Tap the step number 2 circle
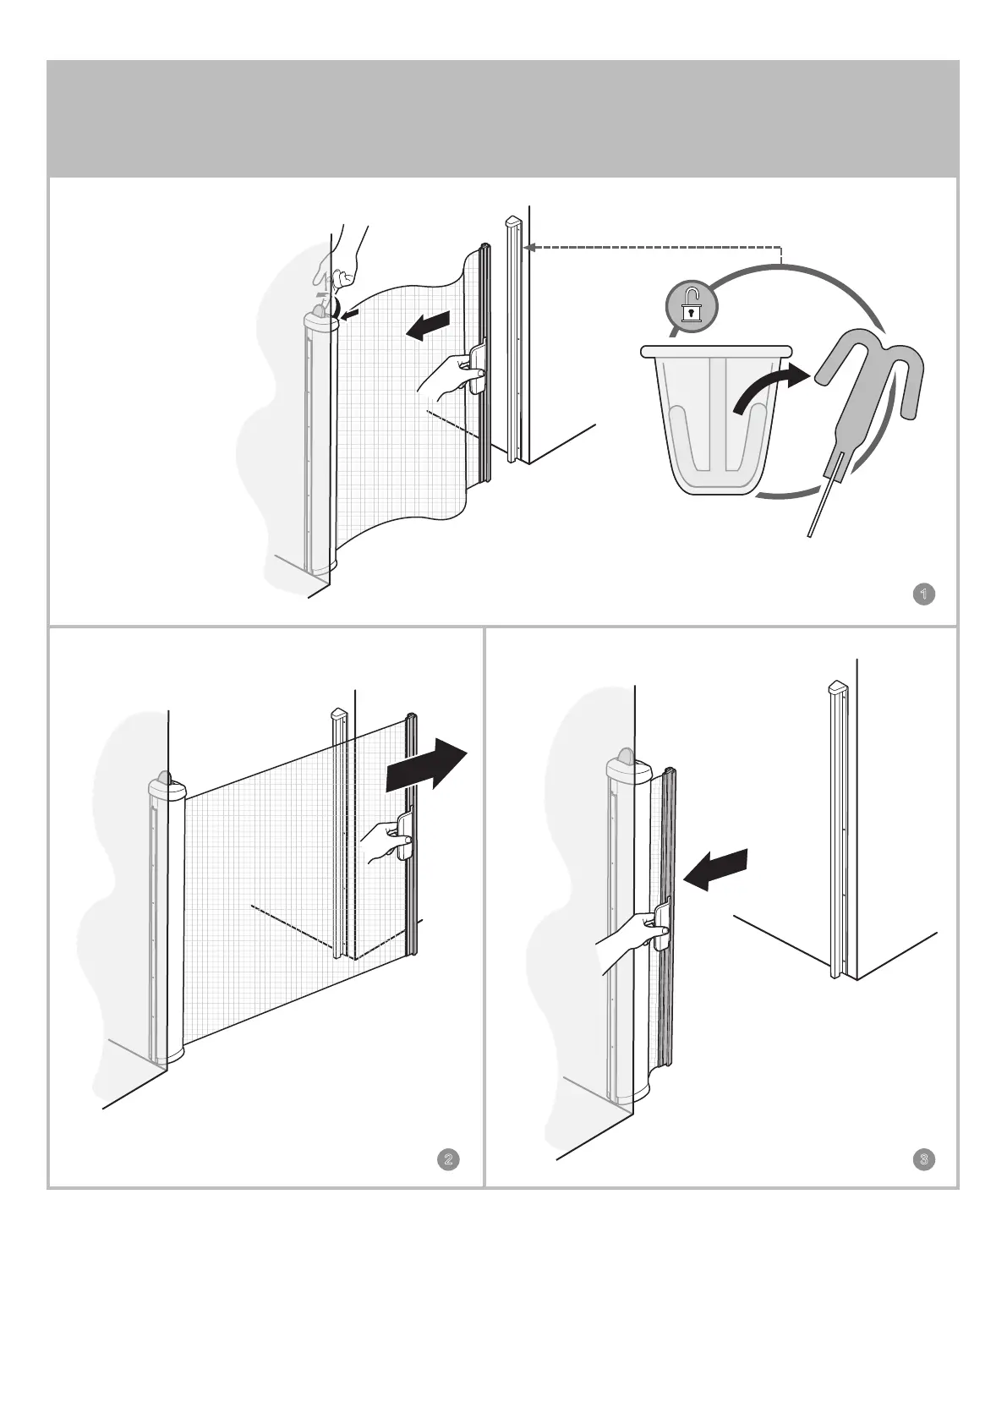point(448,1158)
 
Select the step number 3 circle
point(924,1158)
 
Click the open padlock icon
point(691,305)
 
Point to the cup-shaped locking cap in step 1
point(715,419)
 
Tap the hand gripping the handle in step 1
point(448,376)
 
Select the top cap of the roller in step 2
point(167,786)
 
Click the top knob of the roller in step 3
point(627,756)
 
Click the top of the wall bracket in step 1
point(513,224)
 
